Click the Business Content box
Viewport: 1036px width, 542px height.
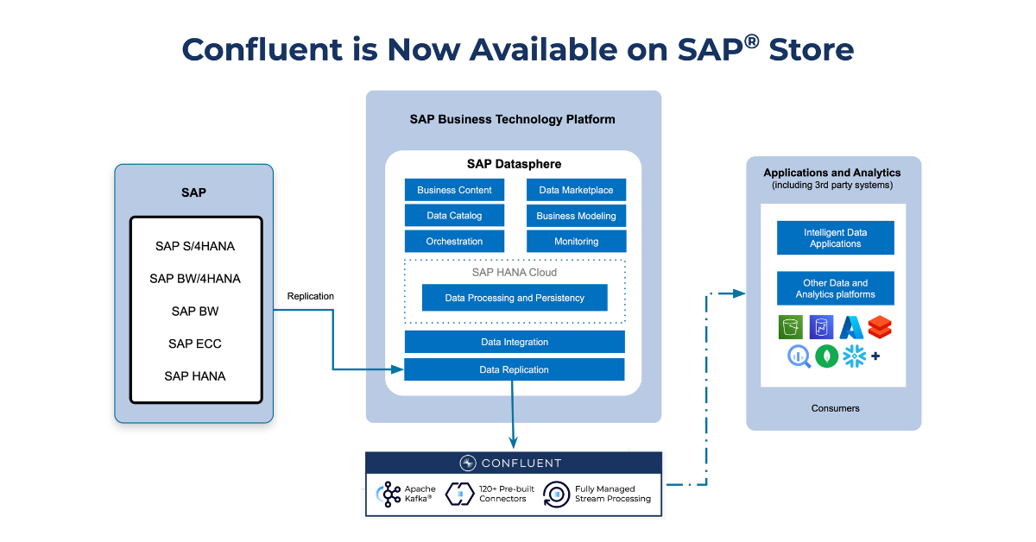click(454, 190)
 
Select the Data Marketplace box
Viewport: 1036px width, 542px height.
click(577, 190)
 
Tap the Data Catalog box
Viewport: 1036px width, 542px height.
click(454, 216)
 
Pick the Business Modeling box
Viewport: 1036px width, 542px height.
click(577, 216)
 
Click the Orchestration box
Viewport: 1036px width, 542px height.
click(454, 242)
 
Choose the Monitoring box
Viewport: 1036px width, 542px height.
click(577, 242)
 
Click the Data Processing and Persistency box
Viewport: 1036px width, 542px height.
click(515, 298)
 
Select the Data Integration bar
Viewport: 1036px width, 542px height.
click(515, 342)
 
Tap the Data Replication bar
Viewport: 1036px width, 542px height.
click(515, 369)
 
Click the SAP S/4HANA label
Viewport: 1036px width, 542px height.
click(195, 246)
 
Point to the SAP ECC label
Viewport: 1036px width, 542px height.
click(195, 343)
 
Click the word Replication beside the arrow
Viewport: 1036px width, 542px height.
click(310, 296)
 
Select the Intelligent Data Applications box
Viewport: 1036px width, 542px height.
click(836, 237)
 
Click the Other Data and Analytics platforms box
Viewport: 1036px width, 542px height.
click(836, 288)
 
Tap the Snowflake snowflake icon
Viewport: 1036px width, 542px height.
click(854, 356)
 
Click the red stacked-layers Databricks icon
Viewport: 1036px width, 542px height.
click(880, 327)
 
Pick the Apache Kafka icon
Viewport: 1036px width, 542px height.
click(389, 495)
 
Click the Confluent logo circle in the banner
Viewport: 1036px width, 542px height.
click(468, 463)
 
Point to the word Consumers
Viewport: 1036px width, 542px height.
click(836, 408)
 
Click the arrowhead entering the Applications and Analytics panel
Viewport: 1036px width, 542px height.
click(739, 293)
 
